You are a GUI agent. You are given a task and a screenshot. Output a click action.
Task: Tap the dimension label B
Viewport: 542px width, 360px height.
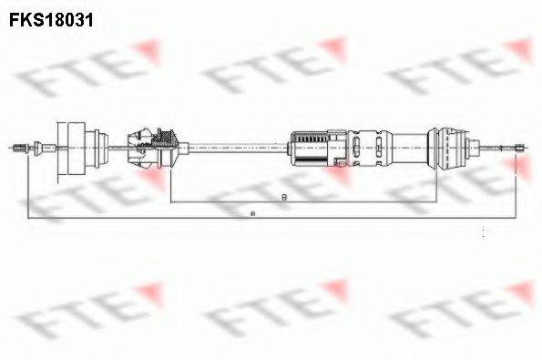coord(285,197)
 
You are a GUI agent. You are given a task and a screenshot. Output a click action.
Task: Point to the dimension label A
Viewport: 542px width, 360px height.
coord(252,214)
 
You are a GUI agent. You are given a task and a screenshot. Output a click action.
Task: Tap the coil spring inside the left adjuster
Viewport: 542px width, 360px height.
coord(165,141)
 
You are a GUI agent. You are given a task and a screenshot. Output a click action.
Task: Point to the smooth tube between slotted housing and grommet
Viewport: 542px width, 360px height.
coord(409,145)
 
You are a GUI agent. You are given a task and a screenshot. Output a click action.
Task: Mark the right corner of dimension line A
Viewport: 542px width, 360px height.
coord(525,219)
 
